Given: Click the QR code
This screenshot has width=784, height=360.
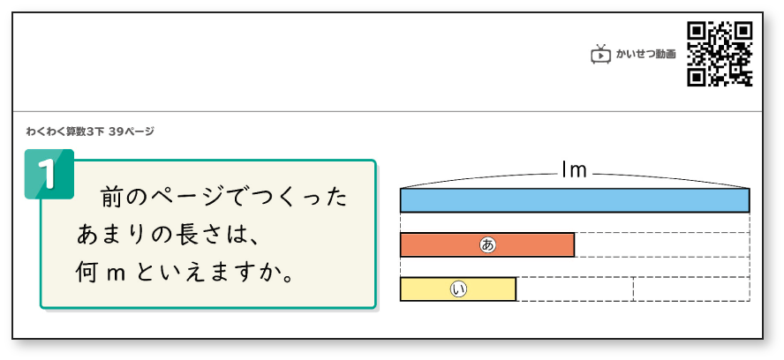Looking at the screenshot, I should click(x=720, y=54).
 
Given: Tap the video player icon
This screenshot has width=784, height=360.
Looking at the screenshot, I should click(x=600, y=55).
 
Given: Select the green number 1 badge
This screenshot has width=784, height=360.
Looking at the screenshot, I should click(x=48, y=173).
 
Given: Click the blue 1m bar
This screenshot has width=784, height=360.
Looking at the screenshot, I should click(x=574, y=200).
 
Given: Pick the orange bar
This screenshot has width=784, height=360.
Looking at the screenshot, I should click(x=487, y=244).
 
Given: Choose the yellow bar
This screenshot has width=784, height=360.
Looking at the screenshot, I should click(x=457, y=289).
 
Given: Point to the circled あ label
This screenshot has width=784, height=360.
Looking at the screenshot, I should click(x=487, y=244).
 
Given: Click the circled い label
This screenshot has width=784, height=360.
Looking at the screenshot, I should click(x=457, y=289).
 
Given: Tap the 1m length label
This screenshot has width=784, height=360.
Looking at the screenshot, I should click(x=575, y=171).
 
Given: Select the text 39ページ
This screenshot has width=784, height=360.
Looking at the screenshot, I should click(x=132, y=131).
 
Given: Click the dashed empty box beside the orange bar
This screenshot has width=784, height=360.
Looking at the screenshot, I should click(x=661, y=244).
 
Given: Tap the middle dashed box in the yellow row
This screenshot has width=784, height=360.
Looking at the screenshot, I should click(x=574, y=289).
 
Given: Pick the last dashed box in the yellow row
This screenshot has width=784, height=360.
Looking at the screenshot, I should click(x=691, y=289).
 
